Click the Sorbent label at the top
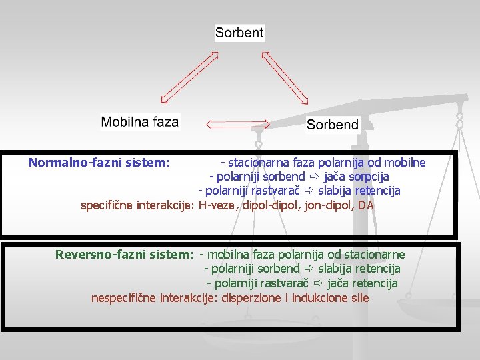point(239,32)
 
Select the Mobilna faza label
point(140,122)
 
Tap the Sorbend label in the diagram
point(332,124)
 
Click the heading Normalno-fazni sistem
point(99,162)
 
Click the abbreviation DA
point(366,205)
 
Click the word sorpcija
point(368,177)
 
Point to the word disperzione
point(252,297)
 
